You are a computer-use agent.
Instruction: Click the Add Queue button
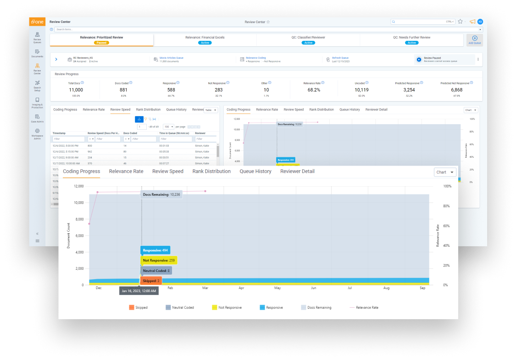[474, 40]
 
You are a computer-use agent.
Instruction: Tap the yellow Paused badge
[101, 43]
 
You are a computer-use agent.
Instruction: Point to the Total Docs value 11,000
[76, 90]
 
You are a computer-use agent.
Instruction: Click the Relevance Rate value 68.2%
[314, 90]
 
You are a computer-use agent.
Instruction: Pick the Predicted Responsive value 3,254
[409, 90]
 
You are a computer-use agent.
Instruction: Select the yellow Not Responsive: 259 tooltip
[158, 260]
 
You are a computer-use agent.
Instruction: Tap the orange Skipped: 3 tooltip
[151, 281]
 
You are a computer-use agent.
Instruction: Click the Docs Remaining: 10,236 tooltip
[161, 194]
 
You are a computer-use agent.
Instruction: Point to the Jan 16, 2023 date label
[139, 291]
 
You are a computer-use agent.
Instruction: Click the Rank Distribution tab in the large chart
[211, 172]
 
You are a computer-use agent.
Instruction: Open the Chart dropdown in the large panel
[445, 172]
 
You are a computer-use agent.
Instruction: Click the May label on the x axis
[277, 288]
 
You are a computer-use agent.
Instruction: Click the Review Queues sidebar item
[37, 37]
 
